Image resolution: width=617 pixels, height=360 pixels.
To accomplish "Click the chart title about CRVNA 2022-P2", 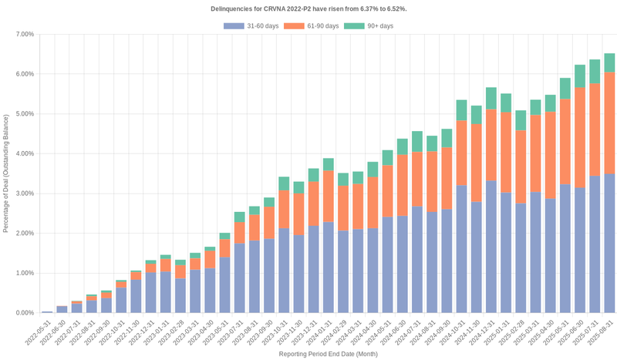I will click(308, 8).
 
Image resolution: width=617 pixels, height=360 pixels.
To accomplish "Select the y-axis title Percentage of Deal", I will click(6, 173).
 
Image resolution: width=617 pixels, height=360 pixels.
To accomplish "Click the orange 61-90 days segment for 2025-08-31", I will click(609, 123).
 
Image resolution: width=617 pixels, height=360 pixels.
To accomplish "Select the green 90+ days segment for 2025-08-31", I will click(609, 62).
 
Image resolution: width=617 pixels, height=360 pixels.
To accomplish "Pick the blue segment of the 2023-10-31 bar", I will click(284, 270).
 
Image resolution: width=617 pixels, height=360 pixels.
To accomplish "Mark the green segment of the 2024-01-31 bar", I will click(328, 164).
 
